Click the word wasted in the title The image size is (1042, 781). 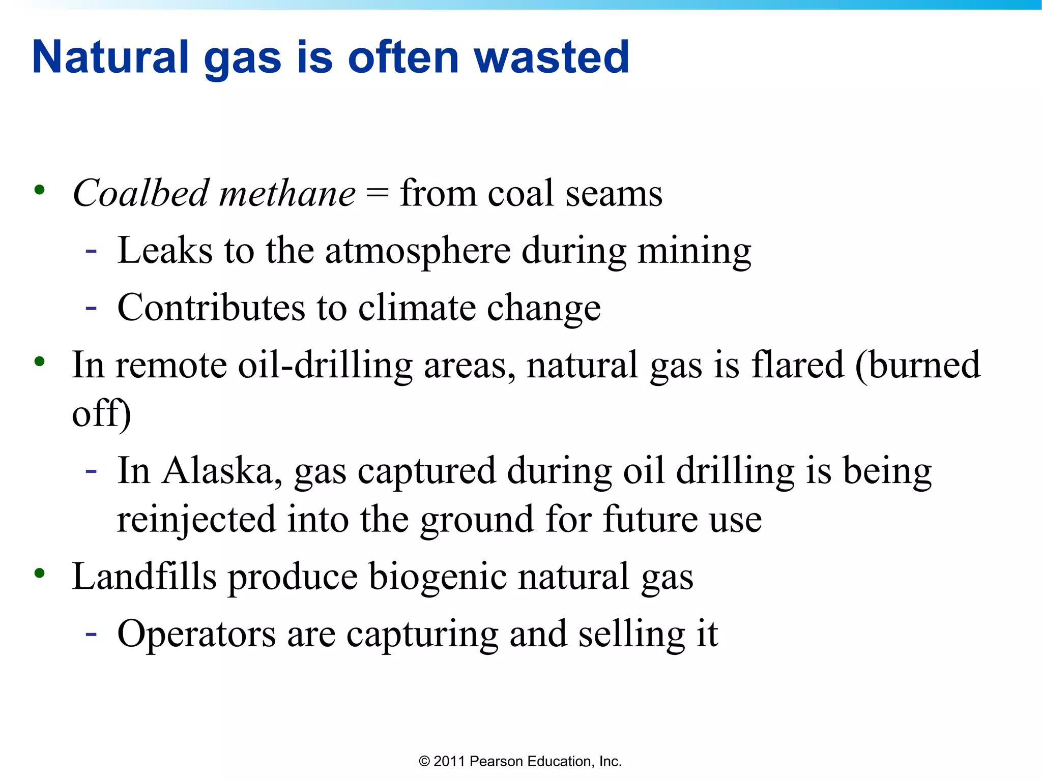click(552, 57)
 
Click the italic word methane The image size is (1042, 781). click(287, 194)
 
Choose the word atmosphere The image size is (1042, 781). click(418, 251)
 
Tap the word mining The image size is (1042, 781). click(694, 251)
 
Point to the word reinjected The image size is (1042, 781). click(196, 520)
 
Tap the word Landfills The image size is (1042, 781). click(144, 577)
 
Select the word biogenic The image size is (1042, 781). click(438, 577)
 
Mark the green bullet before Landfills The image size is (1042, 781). click(39, 574)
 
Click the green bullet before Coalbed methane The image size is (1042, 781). click(39, 191)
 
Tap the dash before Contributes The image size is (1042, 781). click(91, 308)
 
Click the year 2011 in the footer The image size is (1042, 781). click(449, 761)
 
